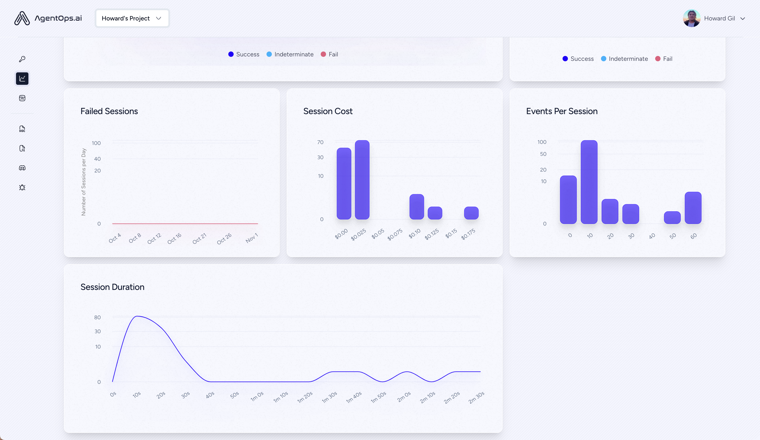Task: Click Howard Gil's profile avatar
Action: pyautogui.click(x=691, y=18)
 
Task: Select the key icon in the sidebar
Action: pyautogui.click(x=22, y=59)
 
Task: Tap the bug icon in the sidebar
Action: pyautogui.click(x=22, y=187)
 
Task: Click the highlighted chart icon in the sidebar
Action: pyautogui.click(x=22, y=79)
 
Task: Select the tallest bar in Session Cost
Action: pyautogui.click(x=362, y=180)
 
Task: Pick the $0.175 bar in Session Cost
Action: pyautogui.click(x=471, y=213)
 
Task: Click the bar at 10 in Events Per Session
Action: pyautogui.click(x=589, y=182)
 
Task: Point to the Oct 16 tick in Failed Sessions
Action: pyautogui.click(x=174, y=238)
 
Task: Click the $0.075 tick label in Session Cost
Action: pyautogui.click(x=395, y=234)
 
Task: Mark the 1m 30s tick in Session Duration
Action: pyautogui.click(x=329, y=397)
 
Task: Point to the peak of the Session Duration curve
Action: pyautogui.click(x=137, y=316)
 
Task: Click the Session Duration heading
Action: pyautogui.click(x=112, y=287)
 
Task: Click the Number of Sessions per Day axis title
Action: pyautogui.click(x=84, y=182)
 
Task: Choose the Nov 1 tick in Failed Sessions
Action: pyautogui.click(x=252, y=238)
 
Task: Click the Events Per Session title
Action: pyautogui.click(x=561, y=111)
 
